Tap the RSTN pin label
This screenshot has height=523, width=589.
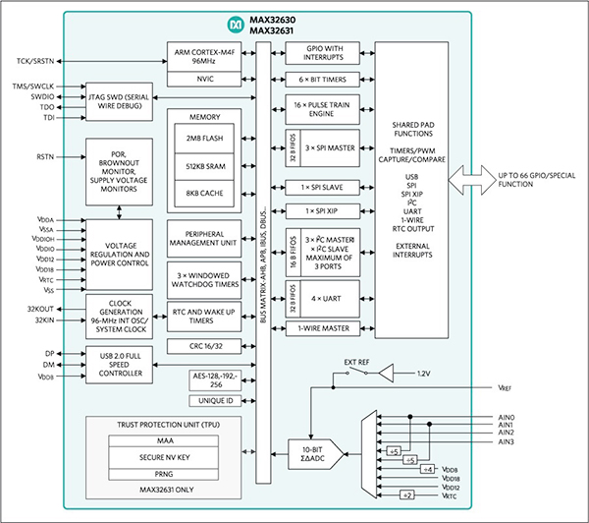tap(45, 156)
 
